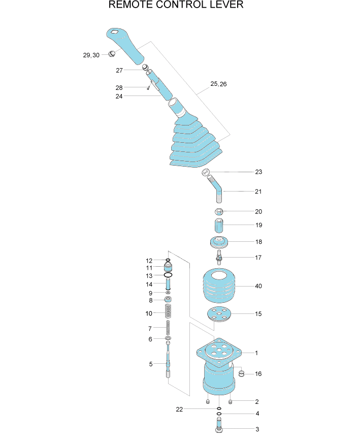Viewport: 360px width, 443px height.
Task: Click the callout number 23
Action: [x=258, y=172]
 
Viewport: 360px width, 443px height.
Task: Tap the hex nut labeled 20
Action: [x=219, y=211]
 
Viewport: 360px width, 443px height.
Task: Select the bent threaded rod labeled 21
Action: [x=216, y=188]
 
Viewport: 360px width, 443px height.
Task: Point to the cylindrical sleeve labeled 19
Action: [x=219, y=225]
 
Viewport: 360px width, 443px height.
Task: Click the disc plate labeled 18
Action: [x=219, y=242]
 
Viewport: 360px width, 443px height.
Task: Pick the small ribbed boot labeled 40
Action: [x=219, y=286]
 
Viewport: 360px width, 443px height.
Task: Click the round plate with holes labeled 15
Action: [x=219, y=314]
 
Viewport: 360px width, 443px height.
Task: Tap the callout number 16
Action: [x=258, y=374]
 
